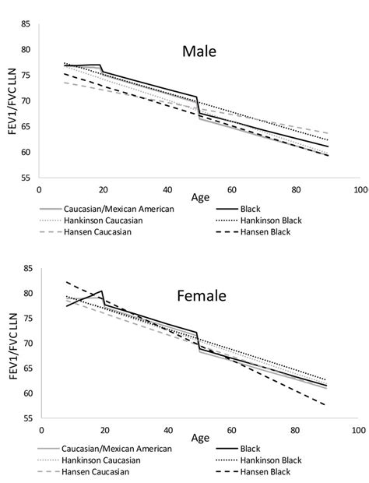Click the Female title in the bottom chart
199,296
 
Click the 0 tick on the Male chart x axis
39,189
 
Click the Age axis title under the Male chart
199,199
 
